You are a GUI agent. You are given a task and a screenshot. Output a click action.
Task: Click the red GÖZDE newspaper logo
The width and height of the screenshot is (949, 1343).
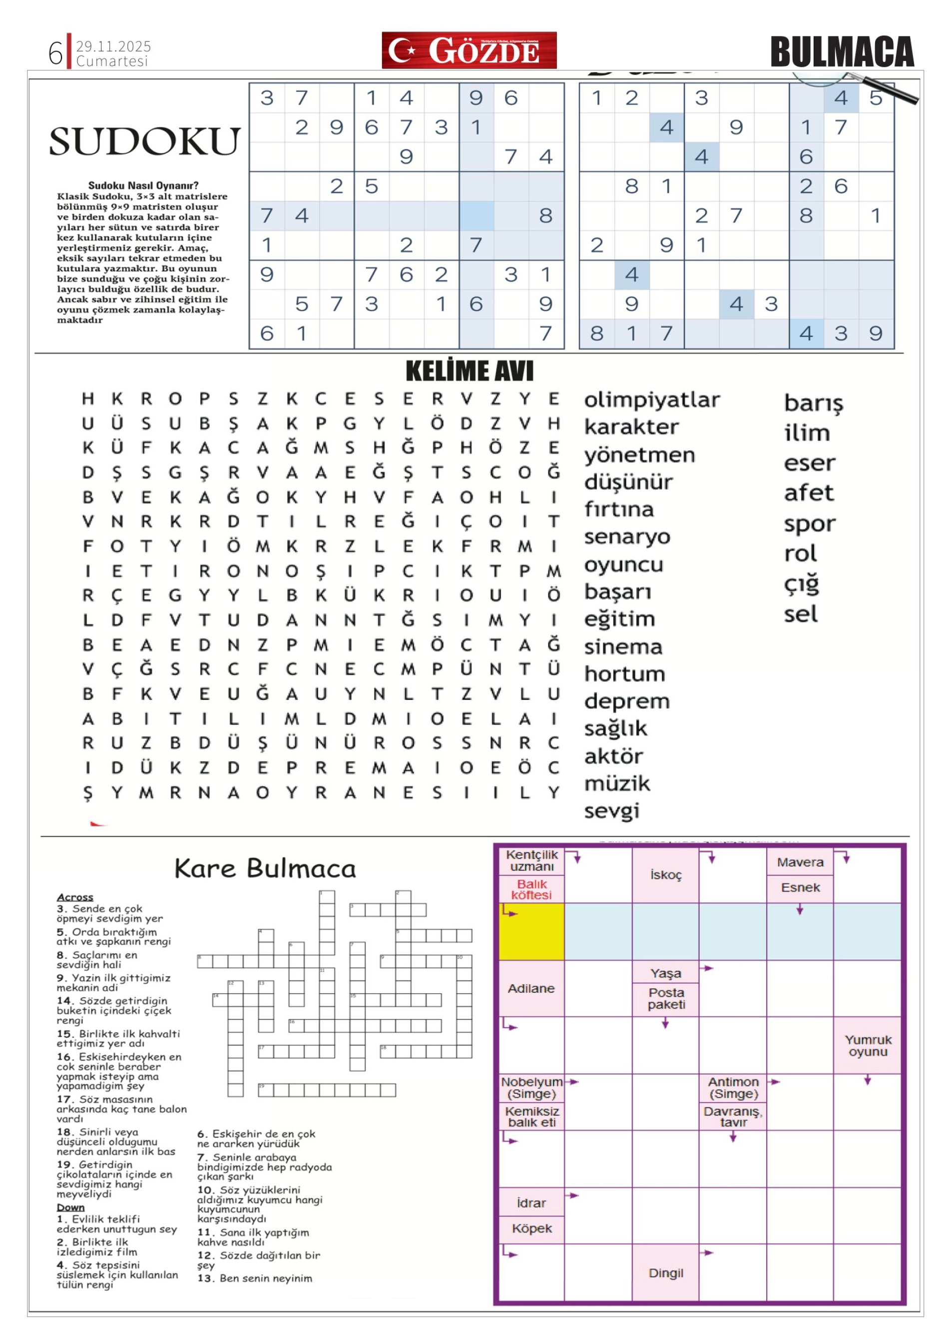point(469,50)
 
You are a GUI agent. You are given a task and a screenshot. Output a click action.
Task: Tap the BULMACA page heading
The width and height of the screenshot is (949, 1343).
point(842,52)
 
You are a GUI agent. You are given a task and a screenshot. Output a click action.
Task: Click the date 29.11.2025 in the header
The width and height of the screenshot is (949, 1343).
point(113,46)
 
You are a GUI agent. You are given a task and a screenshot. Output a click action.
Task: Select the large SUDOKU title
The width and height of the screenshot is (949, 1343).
point(144,141)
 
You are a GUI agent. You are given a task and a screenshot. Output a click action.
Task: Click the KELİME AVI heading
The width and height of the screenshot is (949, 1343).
point(469,371)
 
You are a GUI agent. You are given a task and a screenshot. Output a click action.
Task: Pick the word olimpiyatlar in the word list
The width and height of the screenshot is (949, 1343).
point(651,400)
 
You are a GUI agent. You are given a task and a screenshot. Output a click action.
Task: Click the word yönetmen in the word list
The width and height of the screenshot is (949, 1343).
point(639,455)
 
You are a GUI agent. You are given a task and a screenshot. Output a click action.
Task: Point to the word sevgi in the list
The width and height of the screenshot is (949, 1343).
point(612,811)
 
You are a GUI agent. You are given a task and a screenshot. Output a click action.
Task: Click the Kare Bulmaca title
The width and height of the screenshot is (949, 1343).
point(265,868)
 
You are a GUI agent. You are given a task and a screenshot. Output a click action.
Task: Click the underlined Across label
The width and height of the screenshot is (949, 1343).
point(75,897)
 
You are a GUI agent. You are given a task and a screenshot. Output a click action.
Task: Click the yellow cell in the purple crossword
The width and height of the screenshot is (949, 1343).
point(531,931)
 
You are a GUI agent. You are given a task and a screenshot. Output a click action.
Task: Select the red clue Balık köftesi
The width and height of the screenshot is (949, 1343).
point(531,889)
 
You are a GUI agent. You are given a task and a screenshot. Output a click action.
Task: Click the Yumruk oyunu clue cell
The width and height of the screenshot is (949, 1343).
point(868,1045)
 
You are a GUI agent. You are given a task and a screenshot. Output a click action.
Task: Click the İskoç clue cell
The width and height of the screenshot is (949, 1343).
point(665,875)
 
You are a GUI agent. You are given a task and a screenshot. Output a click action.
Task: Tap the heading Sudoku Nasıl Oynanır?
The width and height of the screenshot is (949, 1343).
point(143,186)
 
